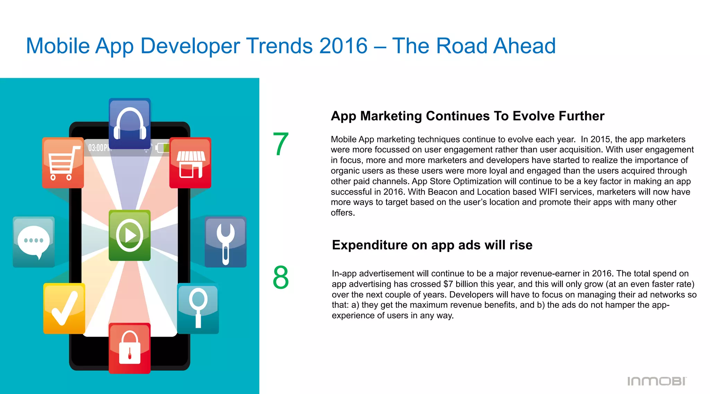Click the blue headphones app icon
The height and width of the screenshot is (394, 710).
pyautogui.click(x=130, y=124)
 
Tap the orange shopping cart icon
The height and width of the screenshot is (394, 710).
pyautogui.click(x=63, y=163)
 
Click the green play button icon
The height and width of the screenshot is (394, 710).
pyautogui.click(x=130, y=235)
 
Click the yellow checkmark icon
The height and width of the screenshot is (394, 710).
pyautogui.click(x=64, y=308)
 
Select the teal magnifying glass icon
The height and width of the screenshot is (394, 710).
pyautogui.click(x=198, y=308)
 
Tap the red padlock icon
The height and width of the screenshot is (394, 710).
pyautogui.click(x=130, y=348)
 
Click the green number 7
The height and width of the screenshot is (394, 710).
pyautogui.click(x=280, y=144)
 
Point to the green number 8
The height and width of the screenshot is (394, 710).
pyautogui.click(x=280, y=278)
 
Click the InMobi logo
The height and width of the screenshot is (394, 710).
pyautogui.click(x=657, y=381)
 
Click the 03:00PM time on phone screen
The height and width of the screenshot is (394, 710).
pyautogui.click(x=99, y=148)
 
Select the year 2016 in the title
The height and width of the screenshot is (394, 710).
pyautogui.click(x=343, y=46)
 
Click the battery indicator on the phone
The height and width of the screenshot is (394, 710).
pyautogui.click(x=162, y=148)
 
